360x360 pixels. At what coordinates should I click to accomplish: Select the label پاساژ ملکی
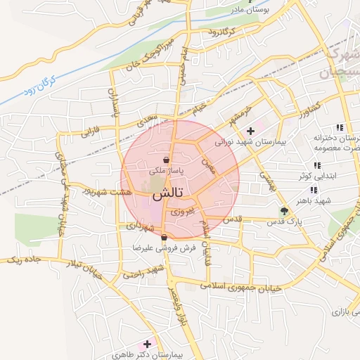pos(165,171)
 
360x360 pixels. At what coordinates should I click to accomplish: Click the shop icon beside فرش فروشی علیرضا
pos(164,238)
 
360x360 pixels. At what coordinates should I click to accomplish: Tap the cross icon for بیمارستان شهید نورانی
pos(250,131)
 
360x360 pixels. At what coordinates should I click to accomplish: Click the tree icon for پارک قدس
pos(284,210)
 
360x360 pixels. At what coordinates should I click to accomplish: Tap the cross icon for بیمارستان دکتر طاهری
pos(147,344)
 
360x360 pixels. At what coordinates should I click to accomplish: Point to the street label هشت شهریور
pos(104,191)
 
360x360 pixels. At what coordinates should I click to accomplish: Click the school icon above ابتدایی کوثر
pos(317,165)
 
